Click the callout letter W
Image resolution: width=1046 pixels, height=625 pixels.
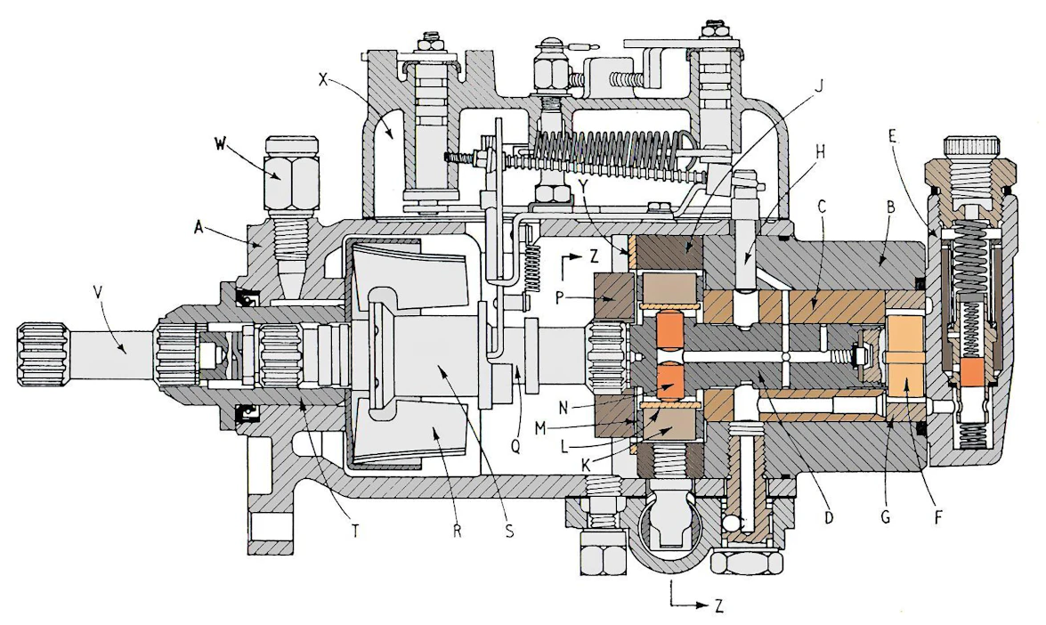tap(220, 143)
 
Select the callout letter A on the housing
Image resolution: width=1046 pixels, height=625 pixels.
tap(199, 227)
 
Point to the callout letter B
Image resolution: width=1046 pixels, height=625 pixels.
tap(889, 207)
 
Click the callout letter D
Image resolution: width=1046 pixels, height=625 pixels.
tap(829, 517)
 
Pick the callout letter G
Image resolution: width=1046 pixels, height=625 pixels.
tap(885, 517)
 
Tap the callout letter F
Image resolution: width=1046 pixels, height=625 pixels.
tap(937, 517)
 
